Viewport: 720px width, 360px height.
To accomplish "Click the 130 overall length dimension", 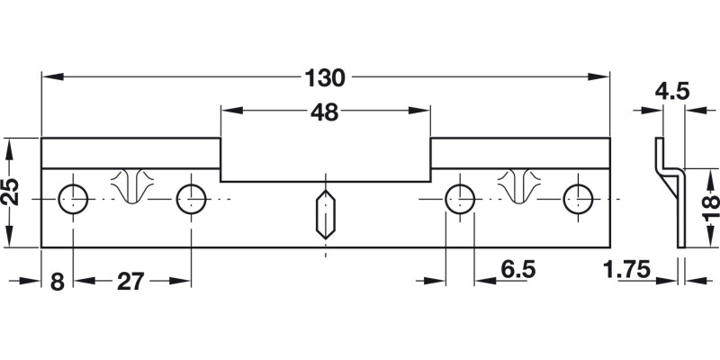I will point(326,78).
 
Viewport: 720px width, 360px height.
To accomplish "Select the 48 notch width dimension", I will point(326,112).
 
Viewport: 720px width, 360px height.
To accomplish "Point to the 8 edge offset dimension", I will point(57,282).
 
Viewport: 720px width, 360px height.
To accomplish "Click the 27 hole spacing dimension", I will point(131,282).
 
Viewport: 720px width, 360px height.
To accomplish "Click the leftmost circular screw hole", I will point(73,198).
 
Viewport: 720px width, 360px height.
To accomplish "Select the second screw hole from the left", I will point(190,198).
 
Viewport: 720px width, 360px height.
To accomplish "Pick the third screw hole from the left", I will point(461,198).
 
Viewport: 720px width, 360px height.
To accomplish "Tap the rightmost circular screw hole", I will point(578,198).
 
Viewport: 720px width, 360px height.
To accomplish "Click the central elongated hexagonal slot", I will point(324,214).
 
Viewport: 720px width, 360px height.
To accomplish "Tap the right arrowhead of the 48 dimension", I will point(423,112).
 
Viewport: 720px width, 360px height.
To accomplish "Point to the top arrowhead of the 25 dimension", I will point(12,144).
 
